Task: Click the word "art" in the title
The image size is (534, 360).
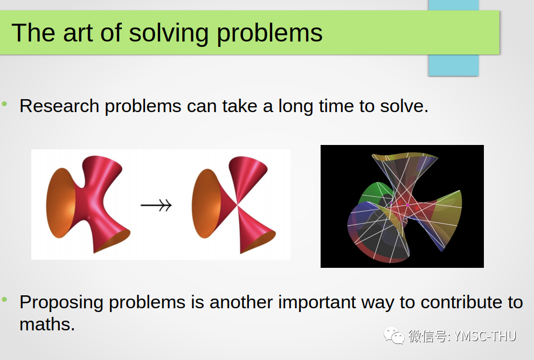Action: tap(78, 33)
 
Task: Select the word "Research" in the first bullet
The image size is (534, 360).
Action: tap(59, 106)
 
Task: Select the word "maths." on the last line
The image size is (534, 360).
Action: tap(47, 324)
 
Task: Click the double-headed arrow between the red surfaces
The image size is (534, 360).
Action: tap(156, 205)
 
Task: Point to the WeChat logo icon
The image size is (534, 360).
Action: tap(394, 335)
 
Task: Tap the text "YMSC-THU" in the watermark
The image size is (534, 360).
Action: tap(485, 336)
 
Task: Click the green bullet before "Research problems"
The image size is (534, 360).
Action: tap(4, 103)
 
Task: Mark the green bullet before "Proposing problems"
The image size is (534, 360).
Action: tap(4, 300)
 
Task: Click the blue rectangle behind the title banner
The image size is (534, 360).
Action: tap(454, 65)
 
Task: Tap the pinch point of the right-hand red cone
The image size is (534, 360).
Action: tap(238, 205)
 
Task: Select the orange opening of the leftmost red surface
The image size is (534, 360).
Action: tap(60, 203)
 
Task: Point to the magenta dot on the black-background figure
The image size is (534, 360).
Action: tap(408, 205)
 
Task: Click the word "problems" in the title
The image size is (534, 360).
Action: tap(269, 34)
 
